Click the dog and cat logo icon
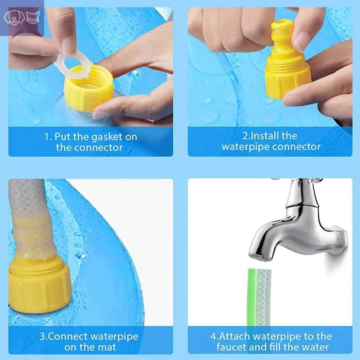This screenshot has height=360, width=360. (22, 18)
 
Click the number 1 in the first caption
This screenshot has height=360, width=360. (46, 136)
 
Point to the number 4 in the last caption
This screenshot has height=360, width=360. (213, 336)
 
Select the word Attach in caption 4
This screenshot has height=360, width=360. (237, 336)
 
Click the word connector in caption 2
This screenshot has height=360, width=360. (299, 147)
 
